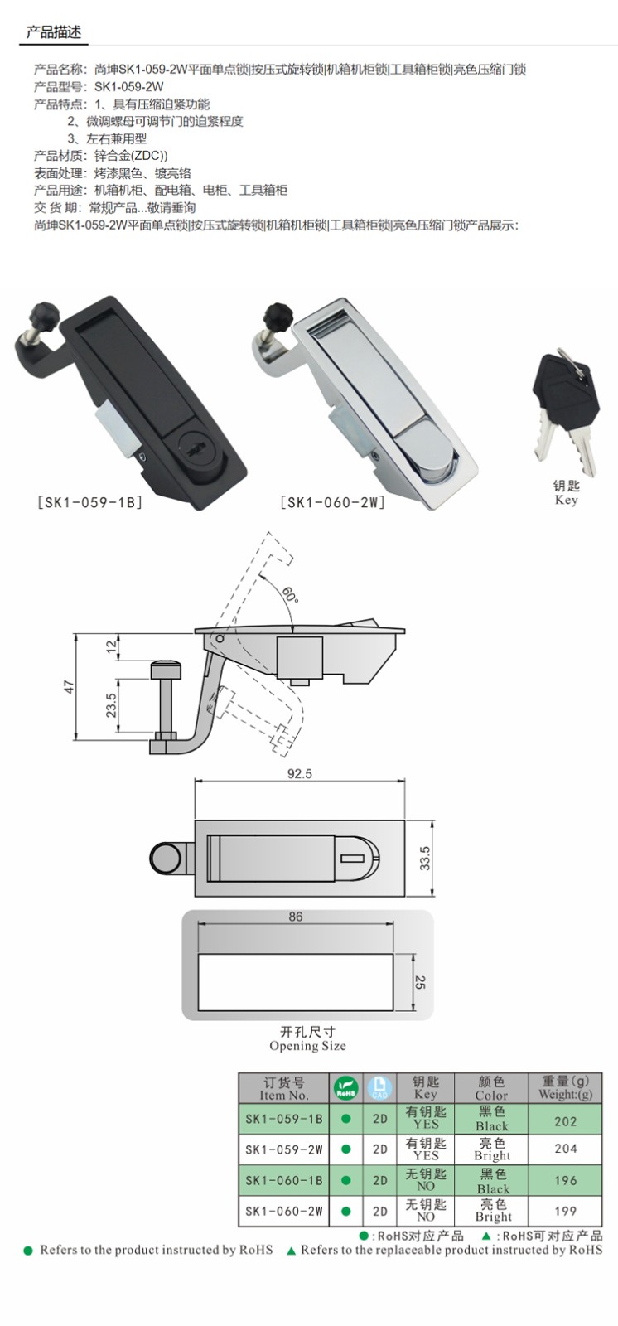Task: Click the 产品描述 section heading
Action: [x=53, y=32]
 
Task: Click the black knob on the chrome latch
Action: [x=277, y=316]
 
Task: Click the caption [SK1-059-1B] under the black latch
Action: [x=89, y=502]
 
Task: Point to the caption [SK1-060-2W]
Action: [x=332, y=502]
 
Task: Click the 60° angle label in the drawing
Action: [x=290, y=594]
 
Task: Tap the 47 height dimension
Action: [x=70, y=687]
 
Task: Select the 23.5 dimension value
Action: [x=111, y=705]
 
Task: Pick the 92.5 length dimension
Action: [x=300, y=773]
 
